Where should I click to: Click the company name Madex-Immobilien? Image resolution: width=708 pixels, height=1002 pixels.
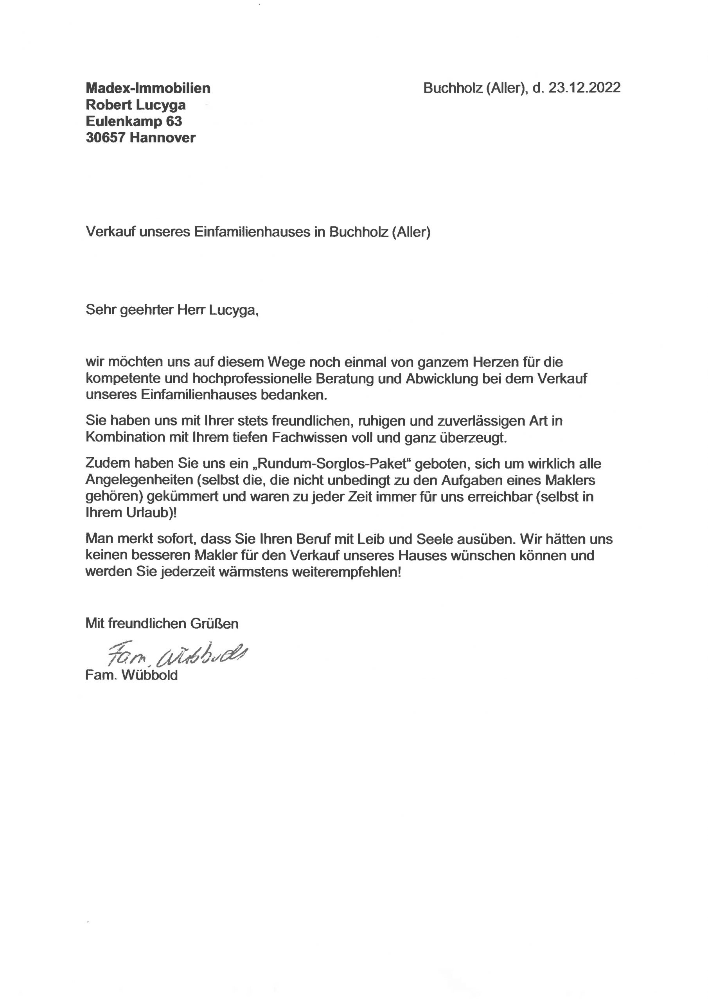click(x=148, y=88)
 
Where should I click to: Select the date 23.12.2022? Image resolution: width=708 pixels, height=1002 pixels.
click(x=584, y=88)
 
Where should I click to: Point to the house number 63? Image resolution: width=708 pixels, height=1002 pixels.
click(x=174, y=121)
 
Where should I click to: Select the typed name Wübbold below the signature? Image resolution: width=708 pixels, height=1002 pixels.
click(x=150, y=675)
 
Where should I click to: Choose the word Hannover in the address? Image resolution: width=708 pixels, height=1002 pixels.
click(x=162, y=137)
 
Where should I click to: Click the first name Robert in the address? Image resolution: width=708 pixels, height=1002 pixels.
click(x=108, y=105)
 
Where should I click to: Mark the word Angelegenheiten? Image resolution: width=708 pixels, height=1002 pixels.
click(x=139, y=480)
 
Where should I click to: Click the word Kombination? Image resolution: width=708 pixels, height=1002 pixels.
click(x=125, y=437)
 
